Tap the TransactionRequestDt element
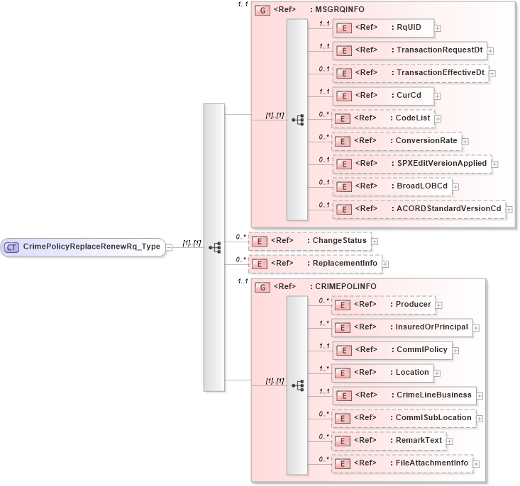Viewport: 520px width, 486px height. click(x=409, y=50)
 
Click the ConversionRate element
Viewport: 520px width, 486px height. click(x=397, y=141)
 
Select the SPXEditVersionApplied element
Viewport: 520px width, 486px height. click(x=411, y=164)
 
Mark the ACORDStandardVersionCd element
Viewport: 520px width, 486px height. click(x=419, y=209)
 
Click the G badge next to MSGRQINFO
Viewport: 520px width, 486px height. click(x=262, y=11)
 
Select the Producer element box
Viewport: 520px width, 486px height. click(x=383, y=305)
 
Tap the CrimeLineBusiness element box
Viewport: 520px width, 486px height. click(x=404, y=395)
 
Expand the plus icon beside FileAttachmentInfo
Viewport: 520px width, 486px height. click(x=476, y=463)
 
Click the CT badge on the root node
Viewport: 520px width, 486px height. click(x=12, y=247)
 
